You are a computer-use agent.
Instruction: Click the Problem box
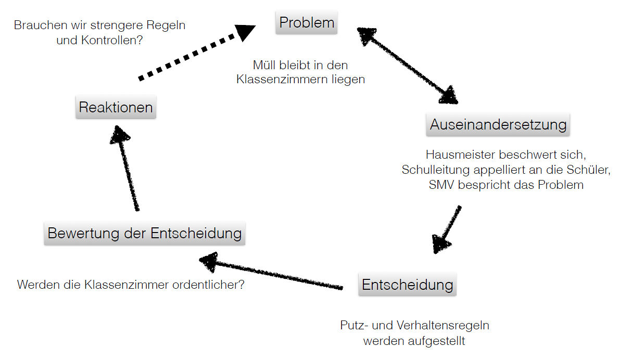[x=306, y=22]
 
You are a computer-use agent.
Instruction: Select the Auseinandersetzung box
[x=498, y=125]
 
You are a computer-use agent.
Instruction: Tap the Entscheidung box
[x=408, y=284]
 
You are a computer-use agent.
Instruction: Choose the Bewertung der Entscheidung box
[x=145, y=233]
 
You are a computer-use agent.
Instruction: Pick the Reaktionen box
[x=116, y=107]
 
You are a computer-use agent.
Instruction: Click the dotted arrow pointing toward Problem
[x=196, y=53]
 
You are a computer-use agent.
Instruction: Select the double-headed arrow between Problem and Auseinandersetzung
[x=408, y=66]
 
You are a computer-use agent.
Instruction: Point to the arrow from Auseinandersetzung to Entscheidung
[x=447, y=229]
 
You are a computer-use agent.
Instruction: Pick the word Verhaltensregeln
[x=443, y=325]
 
